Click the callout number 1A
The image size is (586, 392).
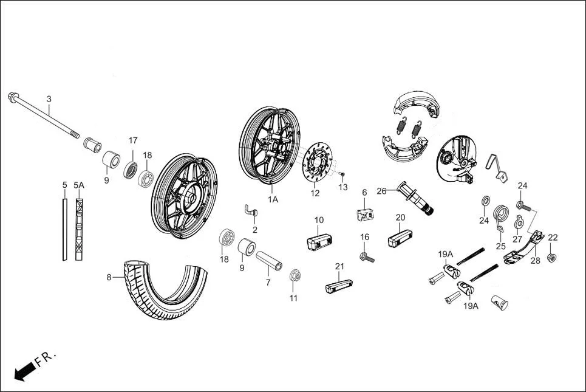pos(273,199)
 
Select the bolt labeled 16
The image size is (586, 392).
pos(367,257)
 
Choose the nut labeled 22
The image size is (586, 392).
pos(551,258)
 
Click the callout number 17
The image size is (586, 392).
pos(133,140)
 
